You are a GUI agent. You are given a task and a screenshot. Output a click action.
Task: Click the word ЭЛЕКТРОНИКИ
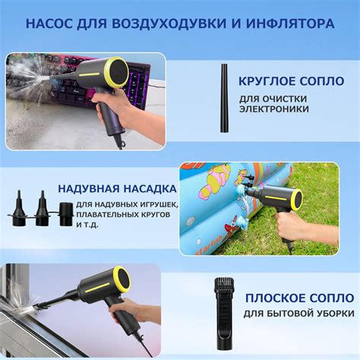tap(274, 109)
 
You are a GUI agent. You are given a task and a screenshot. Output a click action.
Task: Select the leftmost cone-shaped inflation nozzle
tap(17, 209)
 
